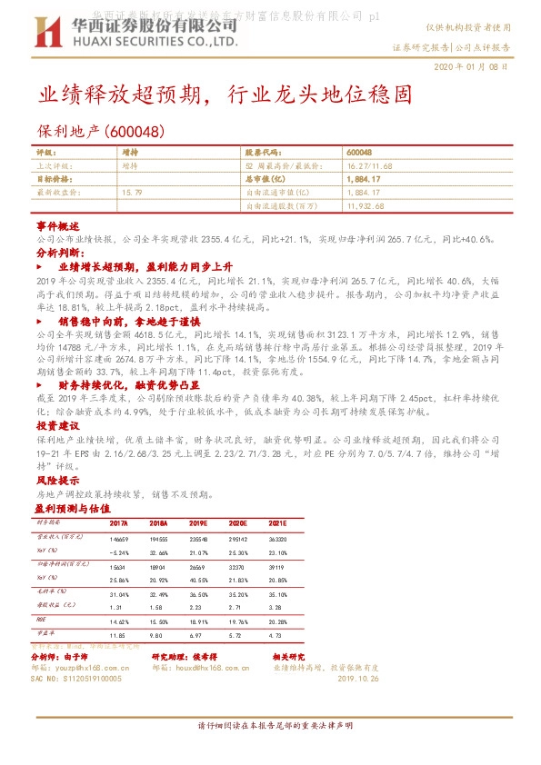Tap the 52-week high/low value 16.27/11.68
pyautogui.click(x=371, y=166)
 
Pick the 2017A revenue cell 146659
pyautogui.click(x=119, y=540)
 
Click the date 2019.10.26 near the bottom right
pyautogui.click(x=357, y=678)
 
